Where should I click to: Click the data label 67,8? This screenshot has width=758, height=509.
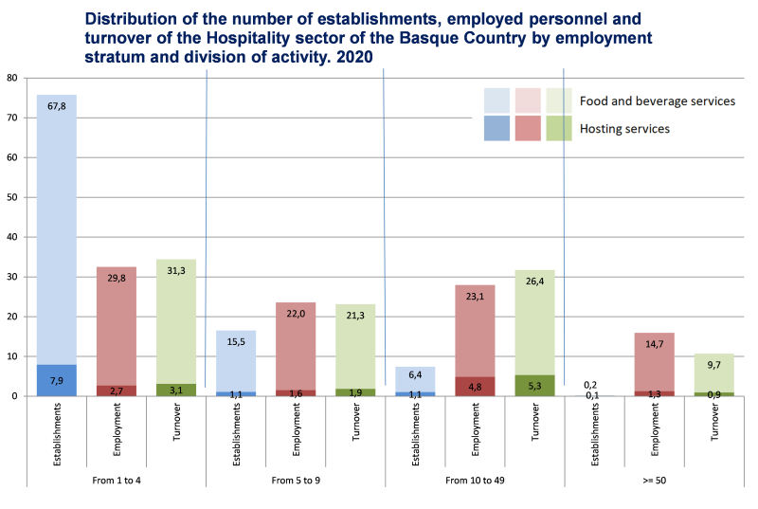click(56, 106)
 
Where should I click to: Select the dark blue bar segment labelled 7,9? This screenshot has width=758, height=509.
click(56, 380)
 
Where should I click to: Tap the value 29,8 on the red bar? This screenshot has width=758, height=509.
click(116, 278)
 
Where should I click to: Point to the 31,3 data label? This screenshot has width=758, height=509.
click(175, 270)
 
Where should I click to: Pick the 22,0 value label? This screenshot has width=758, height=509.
click(295, 314)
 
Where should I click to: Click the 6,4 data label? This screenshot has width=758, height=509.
click(414, 374)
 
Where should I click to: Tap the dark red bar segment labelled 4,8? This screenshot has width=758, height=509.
click(474, 387)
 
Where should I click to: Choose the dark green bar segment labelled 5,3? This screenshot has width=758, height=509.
click(533, 386)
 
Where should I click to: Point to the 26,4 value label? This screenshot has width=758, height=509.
click(533, 281)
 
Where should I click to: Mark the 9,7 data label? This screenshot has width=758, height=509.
click(713, 364)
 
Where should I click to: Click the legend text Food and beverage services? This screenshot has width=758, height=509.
click(657, 100)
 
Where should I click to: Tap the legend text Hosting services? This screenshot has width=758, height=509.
click(624, 128)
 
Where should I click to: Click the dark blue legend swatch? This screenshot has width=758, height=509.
click(497, 128)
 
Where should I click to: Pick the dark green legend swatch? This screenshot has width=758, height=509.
click(559, 128)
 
